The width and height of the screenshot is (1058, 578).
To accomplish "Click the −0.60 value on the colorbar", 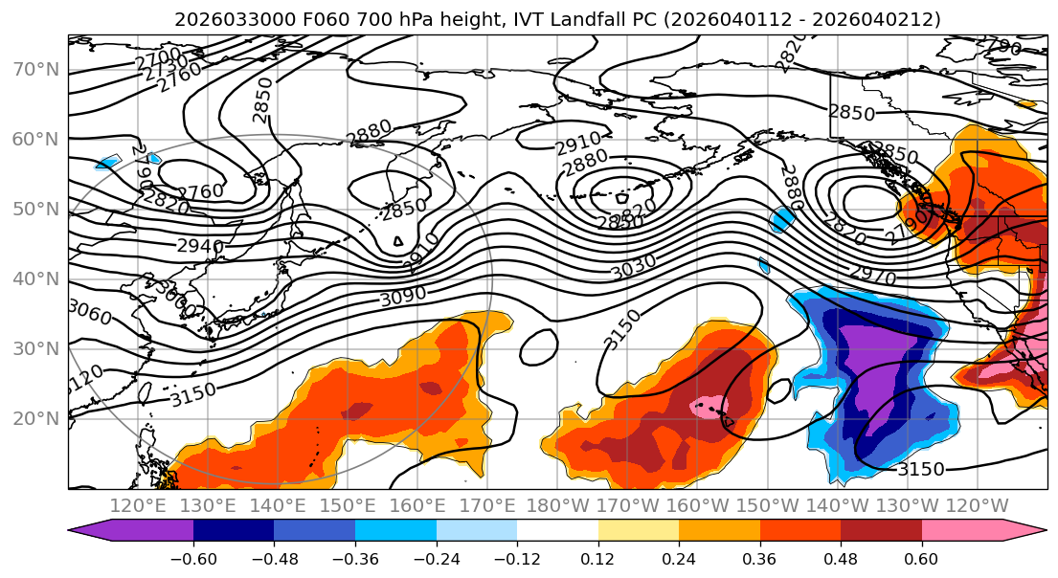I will [x=193, y=556].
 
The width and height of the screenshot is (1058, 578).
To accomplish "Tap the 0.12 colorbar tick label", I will [x=598, y=556].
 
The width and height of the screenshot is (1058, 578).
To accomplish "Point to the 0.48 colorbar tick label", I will [x=841, y=556].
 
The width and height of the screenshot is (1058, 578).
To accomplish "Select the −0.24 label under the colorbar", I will [x=436, y=556].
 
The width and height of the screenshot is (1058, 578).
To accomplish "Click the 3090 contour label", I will [x=403, y=297].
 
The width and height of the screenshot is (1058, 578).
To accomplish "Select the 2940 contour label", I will [x=200, y=246].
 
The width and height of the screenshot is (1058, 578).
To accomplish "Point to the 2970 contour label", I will [x=872, y=277].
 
